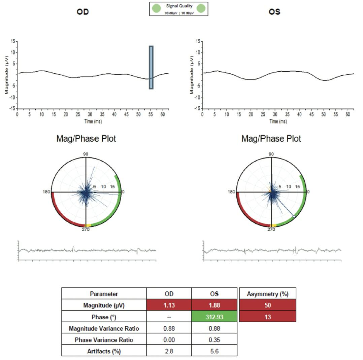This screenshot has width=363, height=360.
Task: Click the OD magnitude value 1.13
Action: (x=169, y=305)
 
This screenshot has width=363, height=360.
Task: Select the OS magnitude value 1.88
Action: (x=214, y=305)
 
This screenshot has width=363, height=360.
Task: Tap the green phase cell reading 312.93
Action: (x=214, y=317)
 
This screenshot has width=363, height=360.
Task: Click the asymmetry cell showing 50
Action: (x=268, y=305)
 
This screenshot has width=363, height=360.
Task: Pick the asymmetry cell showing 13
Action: (x=268, y=317)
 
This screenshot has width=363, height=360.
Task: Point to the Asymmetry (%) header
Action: (x=268, y=294)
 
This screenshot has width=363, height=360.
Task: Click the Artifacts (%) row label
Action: (x=104, y=351)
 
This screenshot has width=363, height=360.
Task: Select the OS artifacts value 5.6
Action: (x=214, y=351)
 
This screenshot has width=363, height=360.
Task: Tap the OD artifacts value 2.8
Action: (x=169, y=351)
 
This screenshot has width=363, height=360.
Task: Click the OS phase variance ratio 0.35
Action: (x=214, y=340)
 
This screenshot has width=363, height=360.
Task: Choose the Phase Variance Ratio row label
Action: (x=104, y=340)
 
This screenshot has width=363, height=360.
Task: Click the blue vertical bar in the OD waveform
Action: (x=151, y=67)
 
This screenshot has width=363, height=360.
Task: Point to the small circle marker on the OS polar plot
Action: (x=294, y=217)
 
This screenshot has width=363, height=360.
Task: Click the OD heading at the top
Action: (x=83, y=12)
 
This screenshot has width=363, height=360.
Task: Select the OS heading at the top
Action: (x=274, y=12)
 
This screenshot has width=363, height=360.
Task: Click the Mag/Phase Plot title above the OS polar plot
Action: (x=271, y=139)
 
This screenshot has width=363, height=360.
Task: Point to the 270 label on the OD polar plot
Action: (x=86, y=229)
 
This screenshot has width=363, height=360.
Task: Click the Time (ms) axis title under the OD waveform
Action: (x=93, y=121)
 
